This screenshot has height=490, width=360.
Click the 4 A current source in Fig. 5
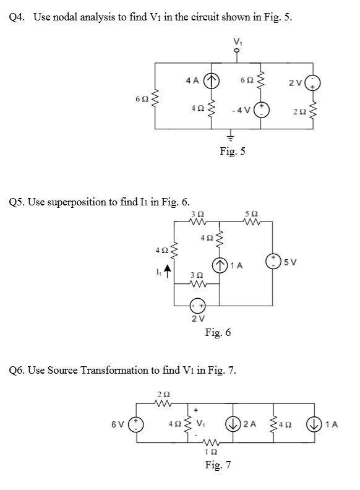(213, 80)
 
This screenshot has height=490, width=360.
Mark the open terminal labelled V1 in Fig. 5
(234, 53)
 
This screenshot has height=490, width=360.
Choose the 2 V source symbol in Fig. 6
(197, 305)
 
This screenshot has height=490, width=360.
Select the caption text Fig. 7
(219, 465)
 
